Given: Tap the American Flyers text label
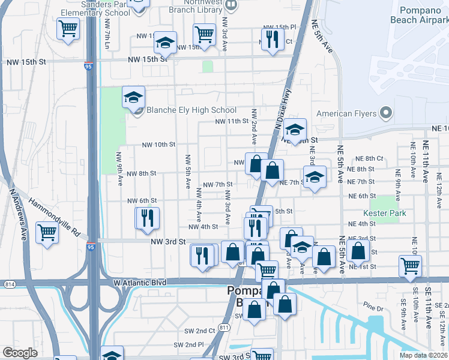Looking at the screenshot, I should point(346,113).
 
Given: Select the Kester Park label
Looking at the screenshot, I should point(385,213).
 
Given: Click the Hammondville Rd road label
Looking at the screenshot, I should point(53,215).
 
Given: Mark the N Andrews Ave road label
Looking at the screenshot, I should point(18,213).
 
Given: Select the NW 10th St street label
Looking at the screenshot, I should point(158,145).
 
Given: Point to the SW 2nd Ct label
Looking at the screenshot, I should point(199,331).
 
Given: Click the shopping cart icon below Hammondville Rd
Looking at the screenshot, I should point(47,232).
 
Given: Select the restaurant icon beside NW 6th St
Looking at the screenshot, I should point(147,219).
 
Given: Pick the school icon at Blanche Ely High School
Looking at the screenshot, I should point(134,97).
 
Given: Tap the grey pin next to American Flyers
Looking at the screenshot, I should point(386,113).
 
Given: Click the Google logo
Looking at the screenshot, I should point(20,353).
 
